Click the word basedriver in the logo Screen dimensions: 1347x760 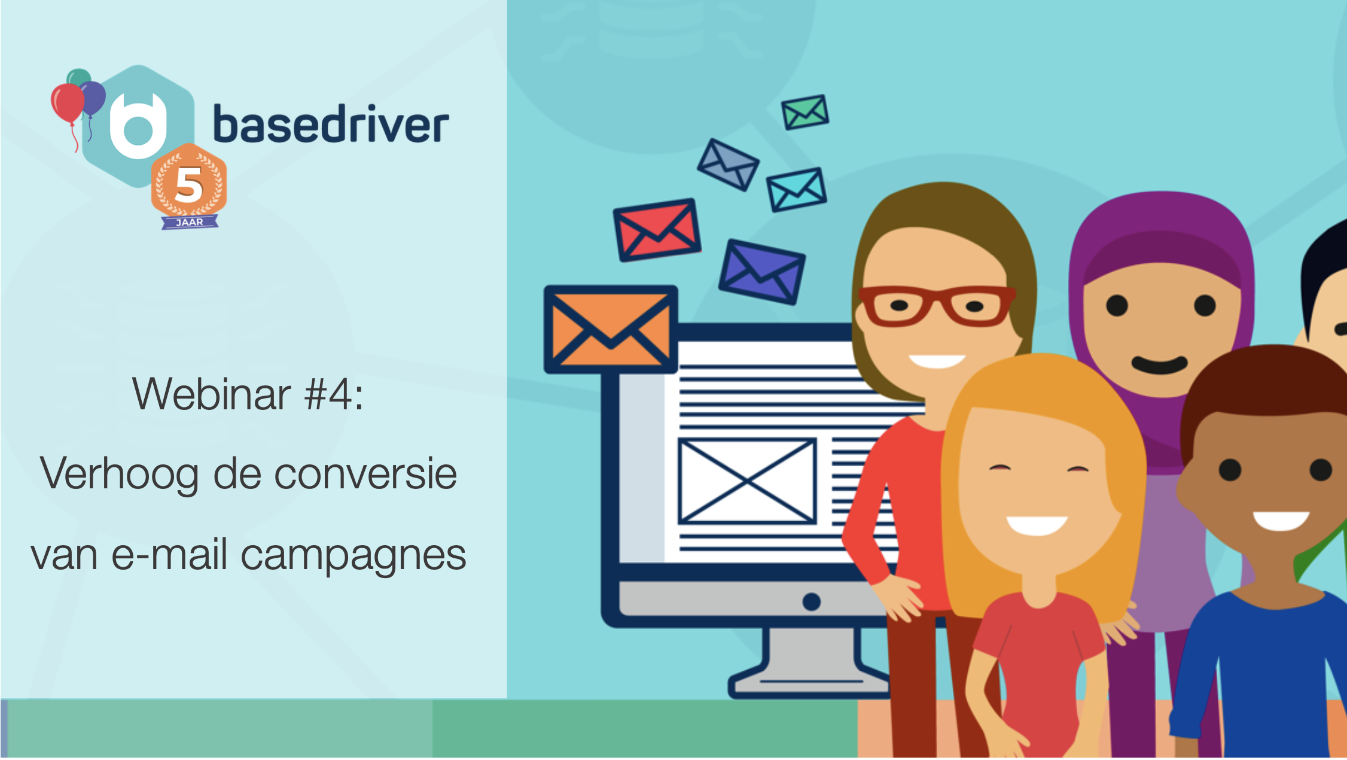pos(331,124)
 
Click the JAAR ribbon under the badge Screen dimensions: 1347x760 pos(190,222)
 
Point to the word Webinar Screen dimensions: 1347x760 pos(212,394)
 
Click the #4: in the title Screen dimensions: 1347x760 pos(334,394)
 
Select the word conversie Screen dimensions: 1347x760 pos(365,474)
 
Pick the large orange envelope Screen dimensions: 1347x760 pos(611,329)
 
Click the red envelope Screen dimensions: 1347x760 pos(657,230)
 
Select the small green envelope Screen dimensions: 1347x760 pos(805,112)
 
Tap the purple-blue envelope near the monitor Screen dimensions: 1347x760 pos(761,272)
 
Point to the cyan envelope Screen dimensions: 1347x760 pos(797,189)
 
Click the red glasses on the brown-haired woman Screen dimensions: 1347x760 pos(936,305)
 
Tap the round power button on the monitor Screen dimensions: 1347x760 pos(811,601)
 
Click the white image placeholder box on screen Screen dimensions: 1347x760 pos(747,481)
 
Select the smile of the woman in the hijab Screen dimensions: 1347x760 pos(1159,364)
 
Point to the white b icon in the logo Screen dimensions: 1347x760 pos(138,126)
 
